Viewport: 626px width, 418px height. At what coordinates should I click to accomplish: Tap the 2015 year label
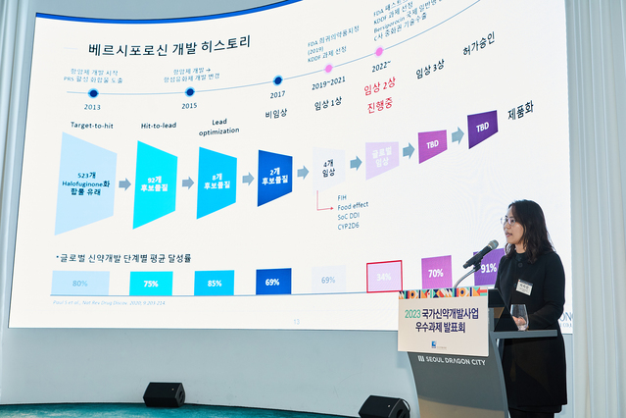pos(188,105)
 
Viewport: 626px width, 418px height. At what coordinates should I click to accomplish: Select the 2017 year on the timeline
pos(278,95)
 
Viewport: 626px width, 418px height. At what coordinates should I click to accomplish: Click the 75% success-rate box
pos(151,284)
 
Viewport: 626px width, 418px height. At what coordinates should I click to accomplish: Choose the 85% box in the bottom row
pos(214,283)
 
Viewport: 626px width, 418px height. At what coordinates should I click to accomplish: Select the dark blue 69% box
pos(273,281)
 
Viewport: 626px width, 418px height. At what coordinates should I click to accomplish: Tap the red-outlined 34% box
pos(384,277)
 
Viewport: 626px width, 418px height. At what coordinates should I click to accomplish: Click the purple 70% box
pos(436,272)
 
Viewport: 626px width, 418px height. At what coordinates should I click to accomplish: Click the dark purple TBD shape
pos(482,129)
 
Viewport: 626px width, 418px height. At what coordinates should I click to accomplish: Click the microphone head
pos(486,249)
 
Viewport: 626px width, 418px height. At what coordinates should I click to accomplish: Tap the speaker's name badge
pos(524,287)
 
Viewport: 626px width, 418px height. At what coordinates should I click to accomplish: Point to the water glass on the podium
pos(519,315)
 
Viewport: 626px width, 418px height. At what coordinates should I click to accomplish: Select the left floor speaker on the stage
pos(164,394)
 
